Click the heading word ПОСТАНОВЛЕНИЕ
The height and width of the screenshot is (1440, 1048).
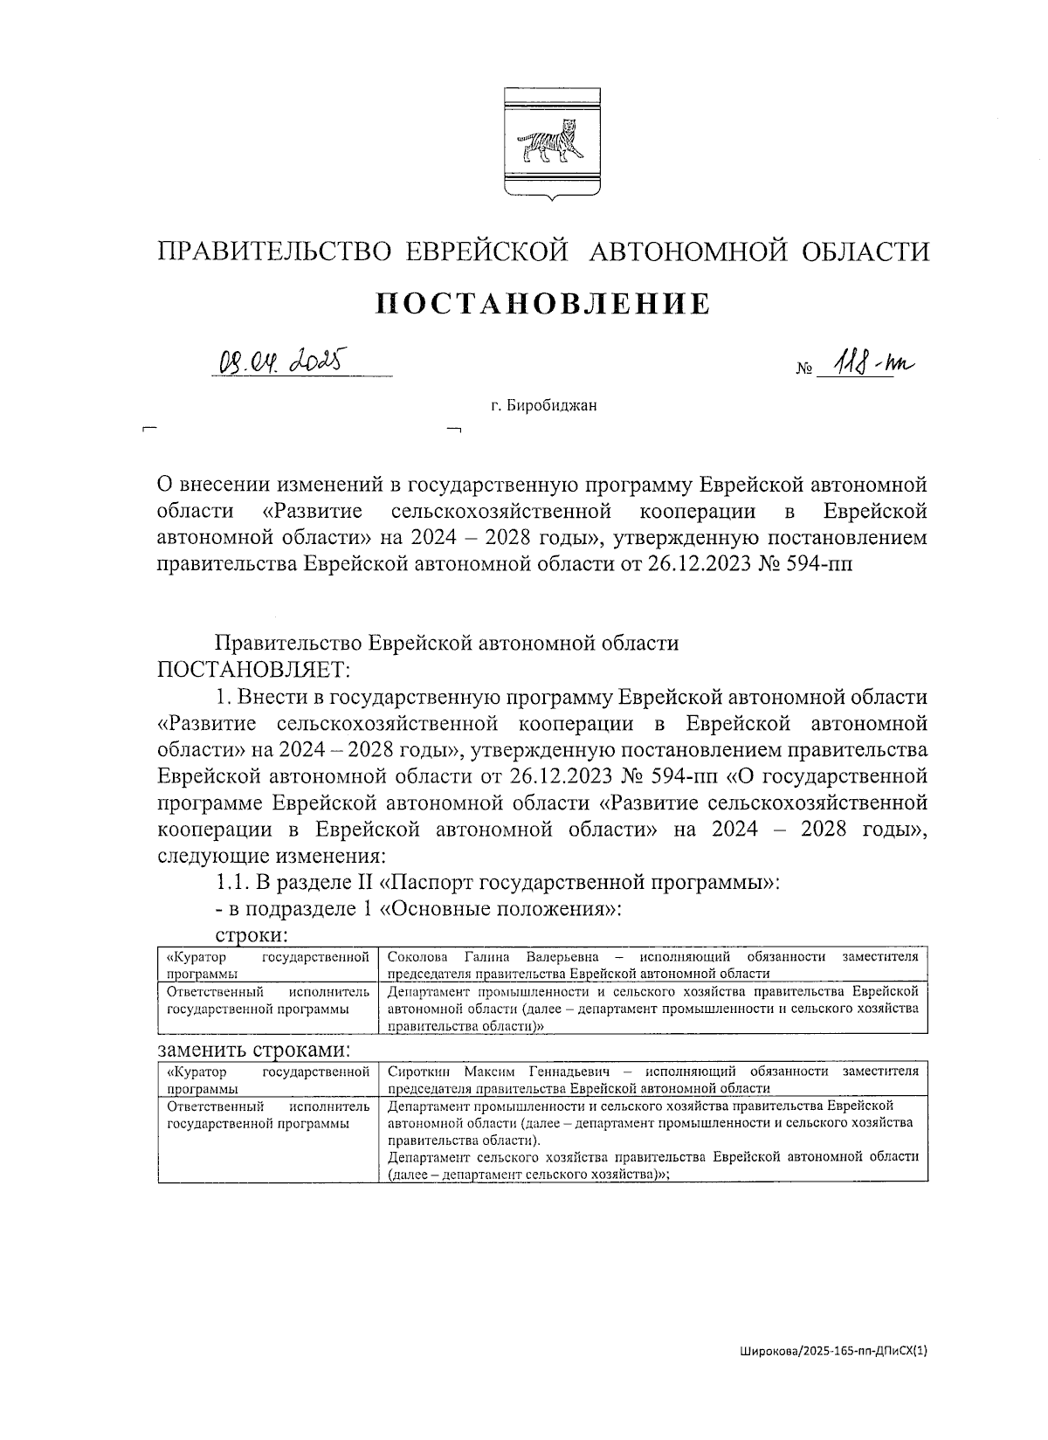click(542, 303)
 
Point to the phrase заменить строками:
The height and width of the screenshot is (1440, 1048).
click(253, 1048)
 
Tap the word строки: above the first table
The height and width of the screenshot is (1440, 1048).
click(252, 934)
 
